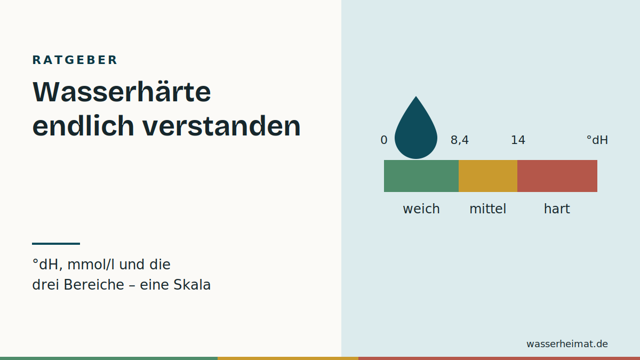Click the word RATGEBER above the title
click(x=75, y=60)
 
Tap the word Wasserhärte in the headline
click(x=122, y=92)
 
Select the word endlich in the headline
click(x=83, y=126)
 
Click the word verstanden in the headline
click(x=222, y=126)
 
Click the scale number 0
click(x=383, y=140)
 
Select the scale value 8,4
click(x=459, y=140)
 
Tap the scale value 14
click(x=518, y=140)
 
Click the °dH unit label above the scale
click(x=597, y=140)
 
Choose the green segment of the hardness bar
click(x=421, y=176)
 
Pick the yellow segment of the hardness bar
click(x=488, y=176)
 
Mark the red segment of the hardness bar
click(x=557, y=176)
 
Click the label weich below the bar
click(x=421, y=209)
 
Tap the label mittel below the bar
click(x=487, y=209)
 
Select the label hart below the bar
click(x=557, y=209)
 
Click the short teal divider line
click(x=56, y=244)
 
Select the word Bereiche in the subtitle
click(x=94, y=285)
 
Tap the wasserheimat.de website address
click(x=567, y=343)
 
